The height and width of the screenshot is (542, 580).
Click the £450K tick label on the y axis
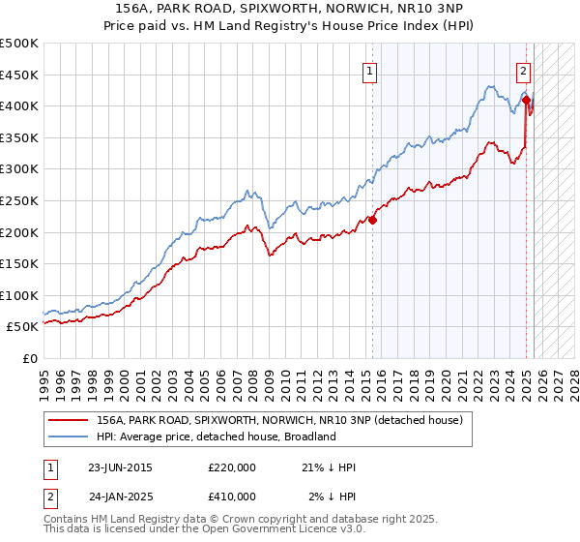tap(19, 75)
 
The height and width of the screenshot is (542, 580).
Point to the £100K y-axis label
tap(19, 295)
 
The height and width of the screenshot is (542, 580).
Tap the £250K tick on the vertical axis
tap(19, 200)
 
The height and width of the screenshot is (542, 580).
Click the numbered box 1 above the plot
tap(371, 70)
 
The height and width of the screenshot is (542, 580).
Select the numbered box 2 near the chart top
tap(523, 70)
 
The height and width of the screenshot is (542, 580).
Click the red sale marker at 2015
tap(373, 220)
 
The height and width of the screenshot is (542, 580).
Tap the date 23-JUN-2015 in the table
tap(120, 467)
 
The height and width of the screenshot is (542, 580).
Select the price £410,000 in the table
tap(232, 496)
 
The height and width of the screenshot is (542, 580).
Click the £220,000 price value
tap(232, 467)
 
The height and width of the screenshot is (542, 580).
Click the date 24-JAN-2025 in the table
tap(120, 496)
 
